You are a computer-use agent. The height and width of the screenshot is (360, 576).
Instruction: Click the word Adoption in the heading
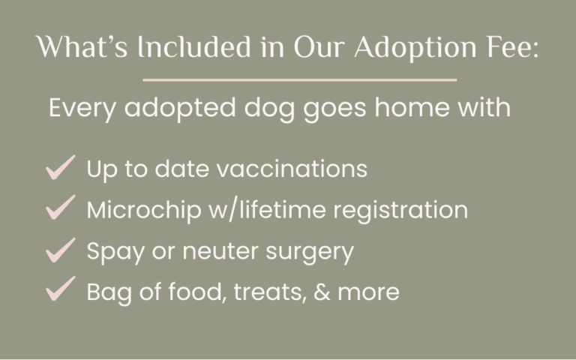pyautogui.click(x=415, y=48)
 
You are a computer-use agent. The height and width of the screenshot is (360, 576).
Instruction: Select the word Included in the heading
pyautogui.click(x=194, y=47)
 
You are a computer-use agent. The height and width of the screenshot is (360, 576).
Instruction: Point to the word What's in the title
pyautogui.click(x=82, y=47)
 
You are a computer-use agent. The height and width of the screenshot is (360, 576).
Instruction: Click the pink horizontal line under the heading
pyautogui.click(x=300, y=79)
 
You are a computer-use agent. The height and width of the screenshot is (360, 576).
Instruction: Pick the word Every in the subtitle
pyautogui.click(x=82, y=109)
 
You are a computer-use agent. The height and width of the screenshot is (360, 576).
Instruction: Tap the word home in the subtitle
pyautogui.click(x=412, y=107)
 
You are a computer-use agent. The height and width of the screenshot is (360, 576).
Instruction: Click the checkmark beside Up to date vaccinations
pyautogui.click(x=61, y=167)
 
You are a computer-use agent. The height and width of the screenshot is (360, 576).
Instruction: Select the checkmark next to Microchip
pyautogui.click(x=61, y=207)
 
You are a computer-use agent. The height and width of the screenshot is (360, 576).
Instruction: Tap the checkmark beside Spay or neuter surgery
pyautogui.click(x=61, y=250)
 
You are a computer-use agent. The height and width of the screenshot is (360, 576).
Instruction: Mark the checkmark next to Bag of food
pyautogui.click(x=61, y=289)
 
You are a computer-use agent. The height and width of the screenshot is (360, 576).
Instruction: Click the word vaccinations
pyautogui.click(x=292, y=169)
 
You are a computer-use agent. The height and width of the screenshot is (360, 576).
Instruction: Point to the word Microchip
pyautogui.click(x=144, y=210)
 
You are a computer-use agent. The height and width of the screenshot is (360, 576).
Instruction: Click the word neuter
pyautogui.click(x=220, y=252)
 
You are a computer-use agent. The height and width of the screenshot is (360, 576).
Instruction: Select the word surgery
pyautogui.click(x=310, y=253)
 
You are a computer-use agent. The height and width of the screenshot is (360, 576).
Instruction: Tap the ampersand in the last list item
pyautogui.click(x=322, y=292)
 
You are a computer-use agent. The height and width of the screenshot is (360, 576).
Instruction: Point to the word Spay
pyautogui.click(x=115, y=252)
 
